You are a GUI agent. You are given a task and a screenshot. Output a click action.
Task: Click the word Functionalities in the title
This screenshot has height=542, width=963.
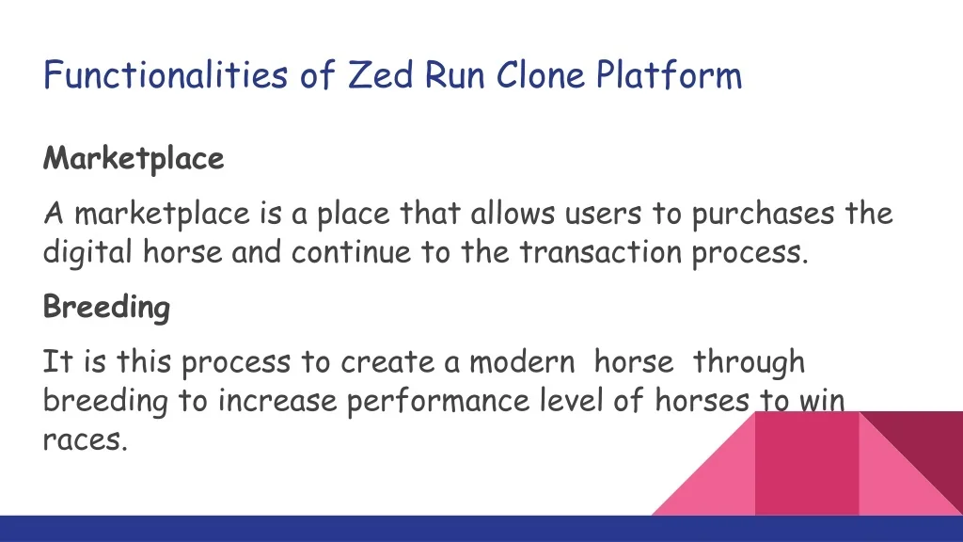pyautogui.click(x=166, y=75)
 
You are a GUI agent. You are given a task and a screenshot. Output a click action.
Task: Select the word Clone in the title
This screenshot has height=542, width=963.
pyautogui.click(x=541, y=75)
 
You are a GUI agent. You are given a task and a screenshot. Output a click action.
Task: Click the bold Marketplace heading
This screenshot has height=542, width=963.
pyautogui.click(x=134, y=159)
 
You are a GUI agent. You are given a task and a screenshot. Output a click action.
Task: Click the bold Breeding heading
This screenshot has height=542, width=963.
pyautogui.click(x=106, y=307)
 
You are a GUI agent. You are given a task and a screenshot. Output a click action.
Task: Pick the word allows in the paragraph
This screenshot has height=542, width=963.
pyautogui.click(x=513, y=214)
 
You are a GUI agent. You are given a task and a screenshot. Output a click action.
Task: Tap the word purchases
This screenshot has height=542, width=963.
pyautogui.click(x=764, y=215)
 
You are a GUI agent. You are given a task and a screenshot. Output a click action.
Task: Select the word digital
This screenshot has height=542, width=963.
pyautogui.click(x=87, y=252)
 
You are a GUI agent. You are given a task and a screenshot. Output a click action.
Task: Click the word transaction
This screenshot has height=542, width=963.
pyautogui.click(x=601, y=252)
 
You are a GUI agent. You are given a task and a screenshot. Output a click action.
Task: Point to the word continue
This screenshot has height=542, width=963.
pyautogui.click(x=351, y=252)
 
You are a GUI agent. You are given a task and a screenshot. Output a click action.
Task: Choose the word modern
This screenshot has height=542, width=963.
pyautogui.click(x=522, y=361)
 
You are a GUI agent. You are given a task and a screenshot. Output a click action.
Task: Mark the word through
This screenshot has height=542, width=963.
pyautogui.click(x=749, y=362)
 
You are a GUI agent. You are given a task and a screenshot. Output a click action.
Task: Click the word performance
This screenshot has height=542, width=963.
pyautogui.click(x=438, y=401)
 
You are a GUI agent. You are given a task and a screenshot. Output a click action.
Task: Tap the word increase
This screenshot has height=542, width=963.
pyautogui.click(x=277, y=401)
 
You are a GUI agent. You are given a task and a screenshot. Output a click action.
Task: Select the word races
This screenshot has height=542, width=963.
pyautogui.click(x=85, y=440)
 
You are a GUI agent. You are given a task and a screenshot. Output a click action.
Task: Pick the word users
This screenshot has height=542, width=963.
pyautogui.click(x=603, y=214)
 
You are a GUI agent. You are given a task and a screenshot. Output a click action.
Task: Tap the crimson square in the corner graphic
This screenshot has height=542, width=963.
pyautogui.click(x=806, y=463)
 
